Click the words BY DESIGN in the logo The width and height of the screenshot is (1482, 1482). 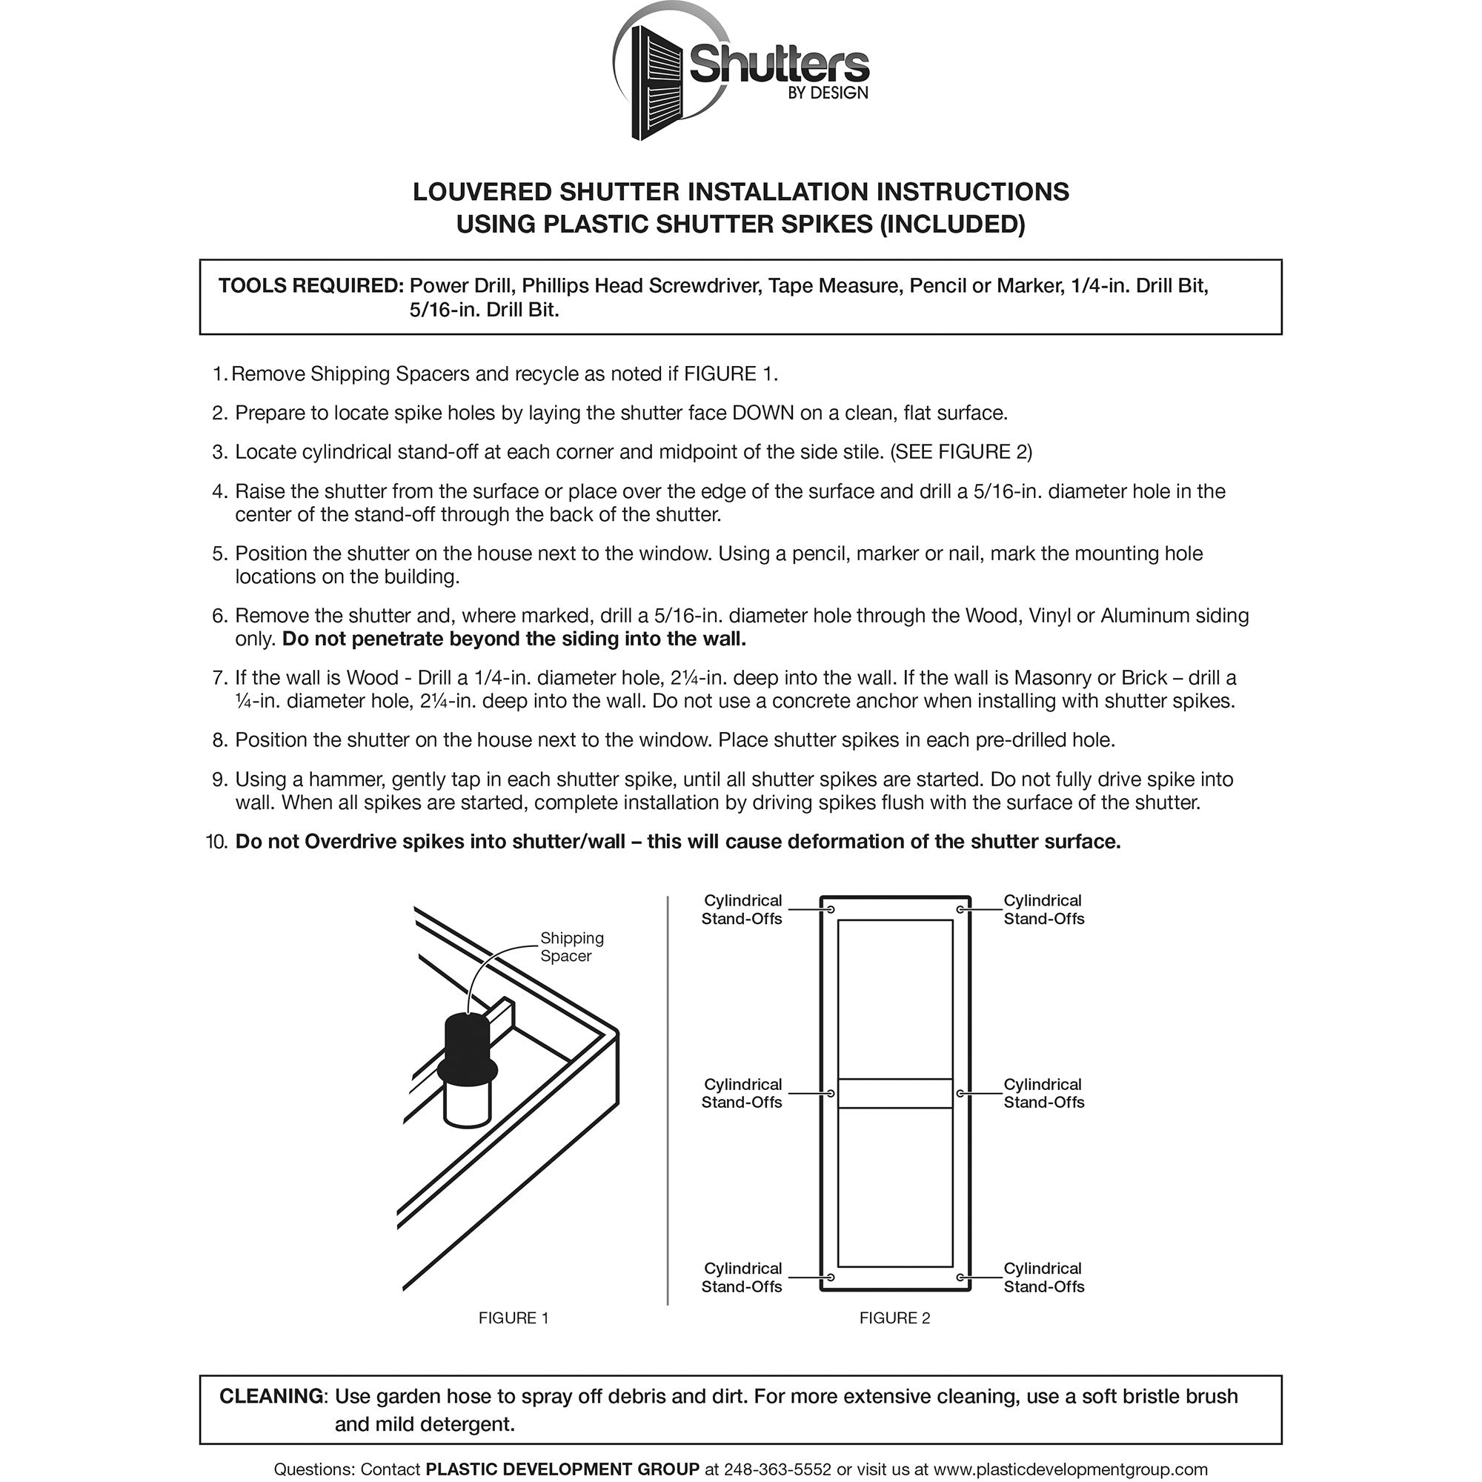click(x=828, y=93)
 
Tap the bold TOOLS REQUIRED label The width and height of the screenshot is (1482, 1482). click(x=310, y=286)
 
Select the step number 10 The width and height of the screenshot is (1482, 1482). click(x=217, y=843)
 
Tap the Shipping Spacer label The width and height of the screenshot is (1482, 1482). click(x=571, y=946)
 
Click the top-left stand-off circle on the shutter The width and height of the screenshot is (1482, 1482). click(x=830, y=910)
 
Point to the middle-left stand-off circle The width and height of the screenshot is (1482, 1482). click(x=830, y=1093)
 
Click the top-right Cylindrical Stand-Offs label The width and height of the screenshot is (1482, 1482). click(x=1043, y=910)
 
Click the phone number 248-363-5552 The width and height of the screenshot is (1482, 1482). click(x=777, y=1469)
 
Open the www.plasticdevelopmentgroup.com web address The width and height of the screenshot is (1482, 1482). click(x=1070, y=1469)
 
